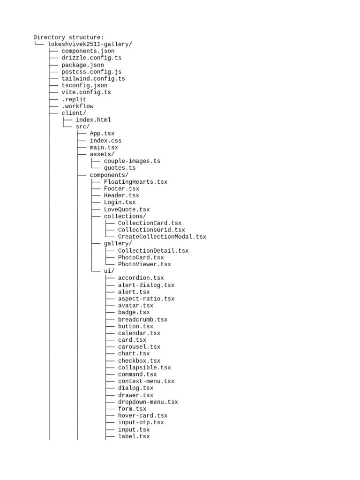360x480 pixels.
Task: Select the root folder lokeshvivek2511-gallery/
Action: [x=90, y=44]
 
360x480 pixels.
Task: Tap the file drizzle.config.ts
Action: [x=91, y=58]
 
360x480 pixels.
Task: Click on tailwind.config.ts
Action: [x=93, y=79]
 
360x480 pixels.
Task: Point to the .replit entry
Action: [x=74, y=99]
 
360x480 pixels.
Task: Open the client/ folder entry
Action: [x=74, y=113]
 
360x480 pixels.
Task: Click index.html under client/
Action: [x=93, y=120]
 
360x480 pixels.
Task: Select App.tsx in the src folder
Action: [x=102, y=134]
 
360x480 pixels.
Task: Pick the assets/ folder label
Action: [x=102, y=154]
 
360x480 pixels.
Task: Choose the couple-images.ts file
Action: [x=132, y=161]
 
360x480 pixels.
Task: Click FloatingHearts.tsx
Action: [x=135, y=181]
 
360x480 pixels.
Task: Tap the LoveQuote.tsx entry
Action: [x=127, y=209]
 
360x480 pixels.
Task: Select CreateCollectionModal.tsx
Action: [x=162, y=237]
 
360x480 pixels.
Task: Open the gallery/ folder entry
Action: [x=118, y=243]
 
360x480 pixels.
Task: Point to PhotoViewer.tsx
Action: [x=144, y=264]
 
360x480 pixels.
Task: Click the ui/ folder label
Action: [x=109, y=271]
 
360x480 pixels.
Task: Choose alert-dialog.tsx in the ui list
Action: [x=146, y=285]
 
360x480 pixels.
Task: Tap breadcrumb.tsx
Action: [x=142, y=319]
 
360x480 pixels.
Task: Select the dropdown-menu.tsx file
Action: [x=148, y=402]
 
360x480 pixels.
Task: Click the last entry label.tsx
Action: [x=134, y=436]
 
